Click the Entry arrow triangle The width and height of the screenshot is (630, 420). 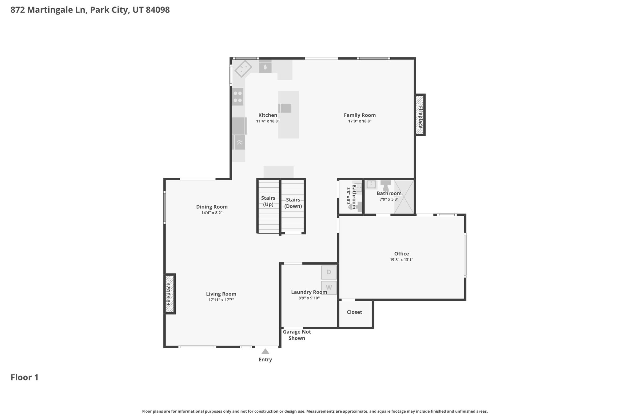265,351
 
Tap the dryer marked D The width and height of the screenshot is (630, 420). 329,272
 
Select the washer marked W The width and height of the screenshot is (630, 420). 329,288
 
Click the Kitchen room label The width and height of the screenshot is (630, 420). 268,115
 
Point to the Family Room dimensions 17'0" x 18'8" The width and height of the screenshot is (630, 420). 360,121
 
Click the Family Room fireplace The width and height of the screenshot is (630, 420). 420,115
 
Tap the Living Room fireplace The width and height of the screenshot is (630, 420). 169,294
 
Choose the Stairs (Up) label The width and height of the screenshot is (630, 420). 268,201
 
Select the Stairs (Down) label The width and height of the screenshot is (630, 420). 293,203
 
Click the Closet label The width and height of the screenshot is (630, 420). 354,312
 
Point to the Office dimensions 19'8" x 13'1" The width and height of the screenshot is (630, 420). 401,260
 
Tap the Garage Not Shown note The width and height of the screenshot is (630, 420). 297,335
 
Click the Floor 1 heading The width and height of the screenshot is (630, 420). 25,378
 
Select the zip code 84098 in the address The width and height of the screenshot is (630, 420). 157,10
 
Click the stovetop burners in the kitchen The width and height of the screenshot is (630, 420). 238,97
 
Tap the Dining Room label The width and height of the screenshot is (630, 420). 212,207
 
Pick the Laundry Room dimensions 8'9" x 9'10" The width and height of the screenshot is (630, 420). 309,298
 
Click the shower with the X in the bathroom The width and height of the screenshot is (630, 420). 404,197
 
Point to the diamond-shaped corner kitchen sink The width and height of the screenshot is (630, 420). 243,69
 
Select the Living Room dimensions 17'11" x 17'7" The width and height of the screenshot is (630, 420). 221,300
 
